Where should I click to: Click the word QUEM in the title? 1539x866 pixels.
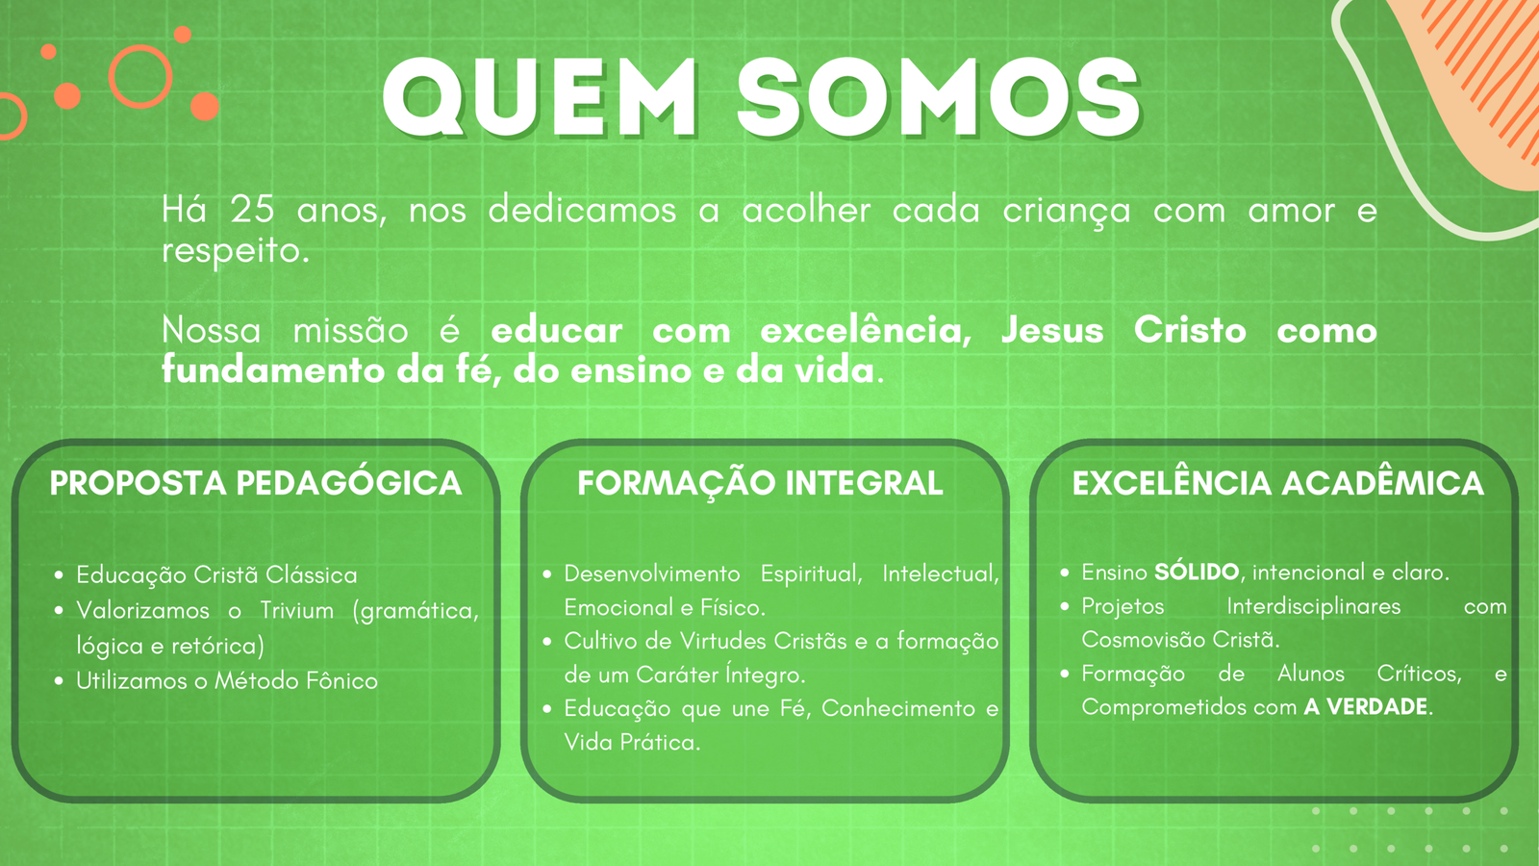[x=540, y=97]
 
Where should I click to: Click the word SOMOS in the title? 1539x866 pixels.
[x=939, y=97]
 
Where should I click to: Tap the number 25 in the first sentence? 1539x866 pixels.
[x=252, y=209]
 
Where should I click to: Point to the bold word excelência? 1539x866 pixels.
[x=865, y=330]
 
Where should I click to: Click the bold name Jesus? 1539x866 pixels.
[x=1052, y=330]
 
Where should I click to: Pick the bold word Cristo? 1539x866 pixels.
[x=1190, y=330]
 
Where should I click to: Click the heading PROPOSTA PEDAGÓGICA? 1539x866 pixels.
[x=256, y=482]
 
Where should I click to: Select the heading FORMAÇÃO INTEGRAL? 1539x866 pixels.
[x=760, y=482]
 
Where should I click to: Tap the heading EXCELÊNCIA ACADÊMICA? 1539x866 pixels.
[x=1278, y=482]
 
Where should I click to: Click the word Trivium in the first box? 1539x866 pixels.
[x=297, y=610]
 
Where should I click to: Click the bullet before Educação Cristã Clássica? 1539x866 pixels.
[x=59, y=575]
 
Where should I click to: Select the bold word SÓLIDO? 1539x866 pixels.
[x=1197, y=572]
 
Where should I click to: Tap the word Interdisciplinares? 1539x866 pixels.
[x=1314, y=606]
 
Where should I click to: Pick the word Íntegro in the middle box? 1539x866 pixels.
[x=765, y=675]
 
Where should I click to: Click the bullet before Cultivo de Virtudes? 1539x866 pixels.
[x=547, y=641]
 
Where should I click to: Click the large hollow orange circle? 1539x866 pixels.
[x=140, y=77]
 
